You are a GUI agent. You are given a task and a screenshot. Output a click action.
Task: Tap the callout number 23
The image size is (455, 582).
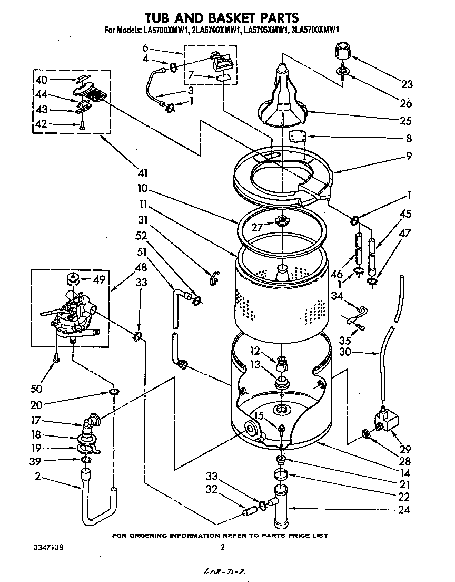pos(406,84)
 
